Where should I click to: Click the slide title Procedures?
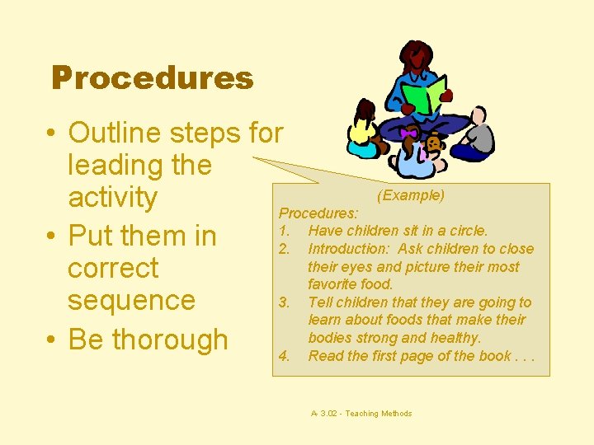pos(152,78)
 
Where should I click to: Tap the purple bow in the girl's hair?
pos(408,133)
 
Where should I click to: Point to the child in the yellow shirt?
pos(364,132)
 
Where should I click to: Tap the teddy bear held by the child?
pos(432,145)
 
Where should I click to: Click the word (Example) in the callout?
pos(410,195)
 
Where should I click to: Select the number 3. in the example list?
pos(285,302)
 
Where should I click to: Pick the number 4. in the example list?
pos(285,356)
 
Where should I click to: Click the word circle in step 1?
pos(467,231)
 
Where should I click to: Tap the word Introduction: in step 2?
pos(347,249)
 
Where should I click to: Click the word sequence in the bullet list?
pos(131,300)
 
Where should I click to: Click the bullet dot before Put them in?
pos(52,237)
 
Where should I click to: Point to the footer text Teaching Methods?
pos(379,414)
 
